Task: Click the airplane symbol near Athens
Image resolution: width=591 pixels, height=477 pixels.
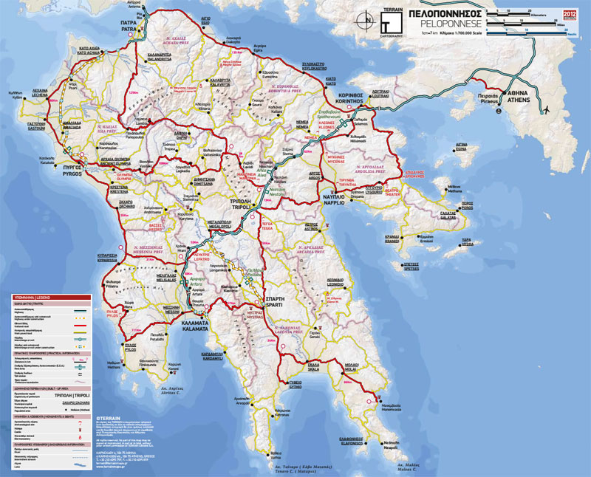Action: pos(547,110)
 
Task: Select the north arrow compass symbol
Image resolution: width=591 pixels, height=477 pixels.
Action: pos(363,21)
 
